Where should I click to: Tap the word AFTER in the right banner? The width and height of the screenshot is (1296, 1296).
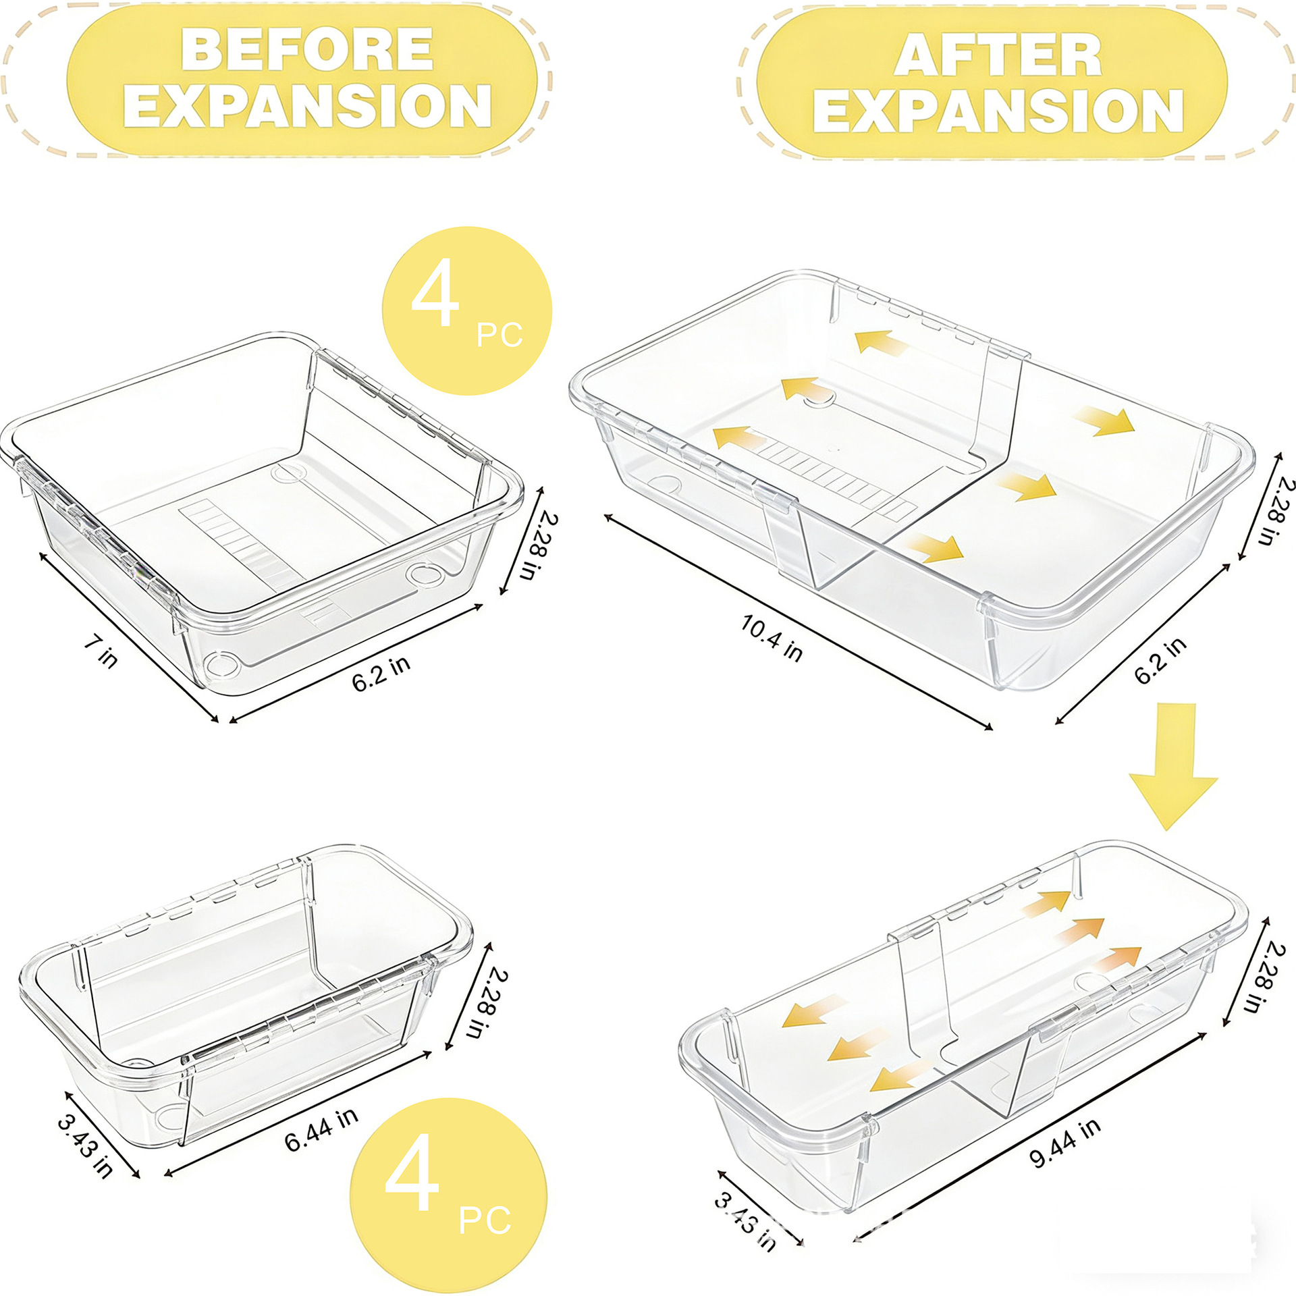(x=998, y=55)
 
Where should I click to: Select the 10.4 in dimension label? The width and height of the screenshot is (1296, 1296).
(x=772, y=637)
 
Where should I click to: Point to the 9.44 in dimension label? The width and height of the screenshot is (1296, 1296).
(x=1064, y=1142)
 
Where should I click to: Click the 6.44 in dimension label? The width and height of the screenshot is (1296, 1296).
(x=321, y=1130)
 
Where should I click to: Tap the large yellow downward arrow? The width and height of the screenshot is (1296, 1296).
(x=1172, y=765)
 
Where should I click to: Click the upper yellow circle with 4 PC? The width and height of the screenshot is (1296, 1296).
(x=467, y=310)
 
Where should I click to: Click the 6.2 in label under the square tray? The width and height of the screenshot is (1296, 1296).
(x=381, y=672)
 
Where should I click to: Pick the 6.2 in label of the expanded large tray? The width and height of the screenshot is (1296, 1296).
(x=1160, y=660)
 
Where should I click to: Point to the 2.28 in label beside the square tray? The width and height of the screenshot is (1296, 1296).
(x=539, y=546)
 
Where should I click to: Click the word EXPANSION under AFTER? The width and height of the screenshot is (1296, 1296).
(x=998, y=111)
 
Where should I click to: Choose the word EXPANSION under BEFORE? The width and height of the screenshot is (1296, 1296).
(x=307, y=105)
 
